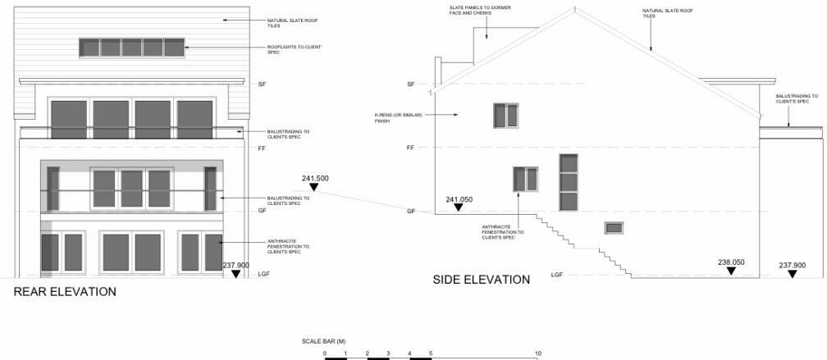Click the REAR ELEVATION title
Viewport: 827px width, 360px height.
pos(64,291)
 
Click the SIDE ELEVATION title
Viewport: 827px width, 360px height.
pos(481,280)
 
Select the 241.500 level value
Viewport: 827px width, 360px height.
pos(315,178)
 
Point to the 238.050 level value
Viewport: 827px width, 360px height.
pos(731,262)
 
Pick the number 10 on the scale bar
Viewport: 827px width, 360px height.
pos(537,353)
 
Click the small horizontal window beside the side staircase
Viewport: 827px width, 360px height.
pos(614,228)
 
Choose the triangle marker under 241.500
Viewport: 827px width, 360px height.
pos(315,189)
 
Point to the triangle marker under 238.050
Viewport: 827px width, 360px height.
pos(731,272)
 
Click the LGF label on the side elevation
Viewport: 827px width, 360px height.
pos(556,275)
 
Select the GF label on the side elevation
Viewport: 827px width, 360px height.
pos(411,212)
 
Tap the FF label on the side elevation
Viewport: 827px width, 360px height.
pos(411,148)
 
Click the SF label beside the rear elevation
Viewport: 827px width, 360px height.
pos(263,84)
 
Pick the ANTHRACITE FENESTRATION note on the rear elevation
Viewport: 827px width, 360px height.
pos(288,246)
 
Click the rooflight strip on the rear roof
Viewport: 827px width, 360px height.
pos(131,48)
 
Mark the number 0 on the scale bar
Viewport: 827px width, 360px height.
pos(325,353)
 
